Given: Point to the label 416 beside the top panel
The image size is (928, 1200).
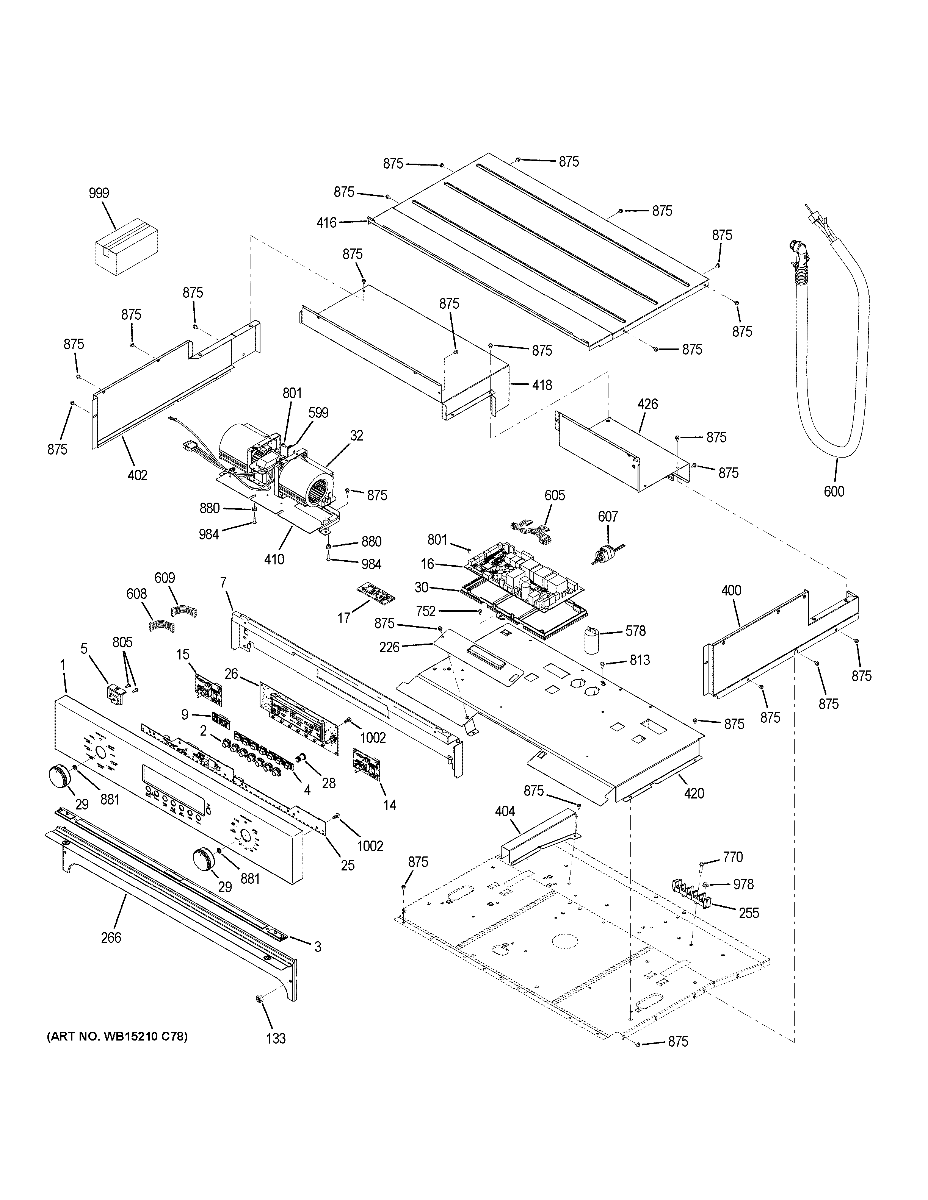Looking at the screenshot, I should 326,222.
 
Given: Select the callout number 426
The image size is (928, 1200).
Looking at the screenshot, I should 647,405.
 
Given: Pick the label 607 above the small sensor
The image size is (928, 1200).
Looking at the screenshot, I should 608,517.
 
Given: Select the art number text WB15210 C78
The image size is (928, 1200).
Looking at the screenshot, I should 117,1037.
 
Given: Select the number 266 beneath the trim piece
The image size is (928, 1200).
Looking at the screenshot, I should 111,937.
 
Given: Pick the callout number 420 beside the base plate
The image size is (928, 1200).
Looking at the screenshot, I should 694,793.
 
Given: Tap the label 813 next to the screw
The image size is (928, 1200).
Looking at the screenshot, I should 640,660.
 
